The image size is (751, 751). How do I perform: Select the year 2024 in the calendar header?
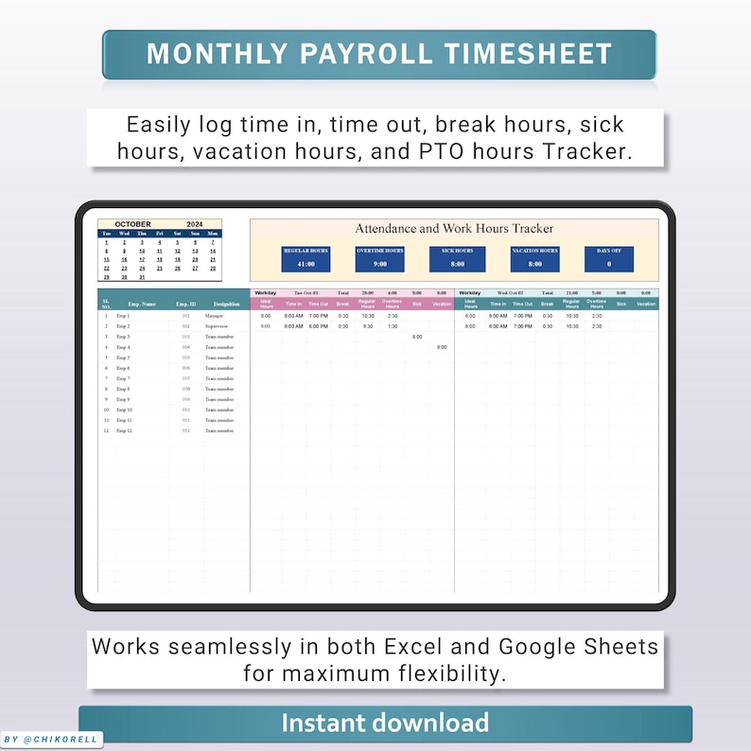(195, 224)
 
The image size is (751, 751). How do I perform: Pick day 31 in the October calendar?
(142, 277)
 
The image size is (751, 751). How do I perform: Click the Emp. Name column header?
(141, 304)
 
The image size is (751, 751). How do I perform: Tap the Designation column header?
(216, 304)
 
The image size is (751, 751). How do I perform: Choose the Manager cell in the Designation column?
(215, 315)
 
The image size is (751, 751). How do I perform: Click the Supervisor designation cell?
(217, 325)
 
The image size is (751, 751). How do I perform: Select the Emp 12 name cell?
(124, 430)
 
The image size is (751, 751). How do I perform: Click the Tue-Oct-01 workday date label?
(306, 293)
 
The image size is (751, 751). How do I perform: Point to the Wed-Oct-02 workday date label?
(510, 293)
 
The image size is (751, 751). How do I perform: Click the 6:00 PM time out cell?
(318, 325)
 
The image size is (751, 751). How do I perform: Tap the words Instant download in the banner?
(385, 724)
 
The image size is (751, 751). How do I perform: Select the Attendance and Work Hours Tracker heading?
(454, 228)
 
